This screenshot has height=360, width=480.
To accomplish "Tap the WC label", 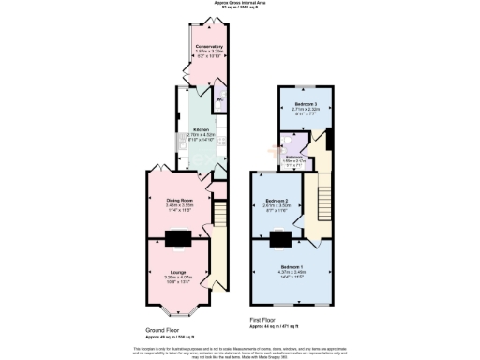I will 219,96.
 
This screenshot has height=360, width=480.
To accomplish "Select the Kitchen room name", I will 201,129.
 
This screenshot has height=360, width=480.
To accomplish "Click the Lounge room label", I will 177,272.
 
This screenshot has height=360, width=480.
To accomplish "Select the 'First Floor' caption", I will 264,321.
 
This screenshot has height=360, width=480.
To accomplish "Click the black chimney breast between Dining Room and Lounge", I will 177,237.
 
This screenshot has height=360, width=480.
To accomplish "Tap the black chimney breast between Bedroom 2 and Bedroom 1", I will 280,238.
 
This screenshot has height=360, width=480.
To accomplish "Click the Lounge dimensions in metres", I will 177,277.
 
